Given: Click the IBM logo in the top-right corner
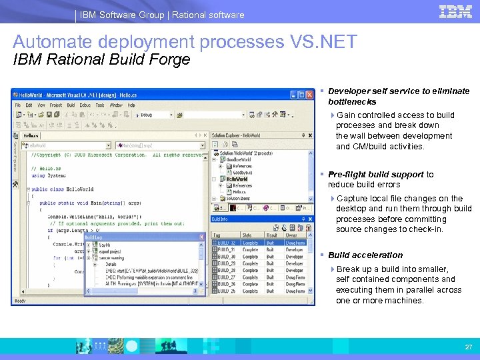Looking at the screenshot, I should pos(455,11).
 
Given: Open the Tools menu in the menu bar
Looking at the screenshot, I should pos(100,105).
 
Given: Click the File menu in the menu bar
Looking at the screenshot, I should pos(18,105).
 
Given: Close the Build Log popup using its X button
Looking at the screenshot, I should pos(202,237).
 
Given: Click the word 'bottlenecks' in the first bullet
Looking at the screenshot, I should pos(352,102).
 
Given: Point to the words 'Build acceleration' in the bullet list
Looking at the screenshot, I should pos(365,255).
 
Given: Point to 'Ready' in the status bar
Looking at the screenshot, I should pos(19,301).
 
